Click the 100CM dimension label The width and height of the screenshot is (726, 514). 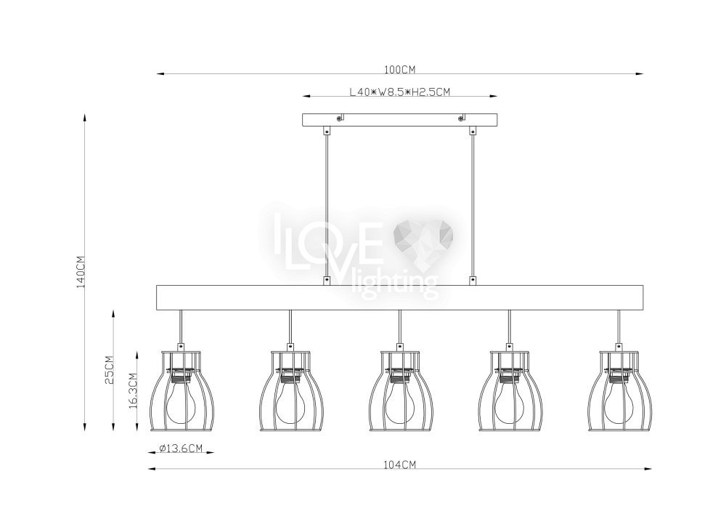coord(399,70)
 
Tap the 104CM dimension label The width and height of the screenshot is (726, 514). coord(399,465)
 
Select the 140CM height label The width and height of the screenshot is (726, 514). coord(81,272)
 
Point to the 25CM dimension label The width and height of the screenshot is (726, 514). coord(110,370)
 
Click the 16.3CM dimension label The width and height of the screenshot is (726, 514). coord(133,390)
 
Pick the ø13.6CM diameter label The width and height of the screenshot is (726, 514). coord(180,448)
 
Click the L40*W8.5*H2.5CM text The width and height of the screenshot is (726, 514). coord(399,92)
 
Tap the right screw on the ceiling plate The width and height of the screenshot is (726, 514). coord(460,119)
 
